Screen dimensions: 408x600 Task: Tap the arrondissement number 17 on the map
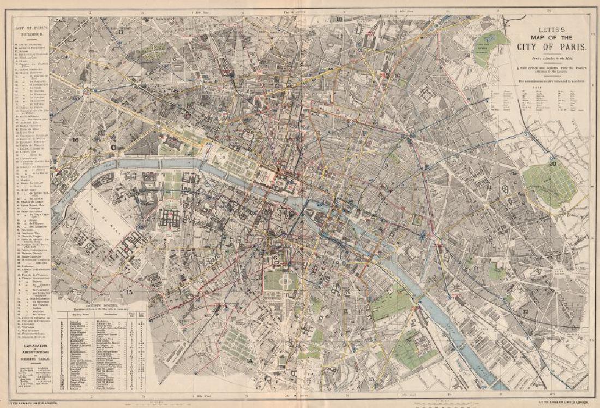click(121, 32)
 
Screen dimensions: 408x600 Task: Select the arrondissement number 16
click(75, 140)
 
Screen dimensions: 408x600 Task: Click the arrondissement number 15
click(129, 292)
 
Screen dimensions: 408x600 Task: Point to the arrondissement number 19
click(467, 55)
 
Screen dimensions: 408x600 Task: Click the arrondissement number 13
click(371, 379)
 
